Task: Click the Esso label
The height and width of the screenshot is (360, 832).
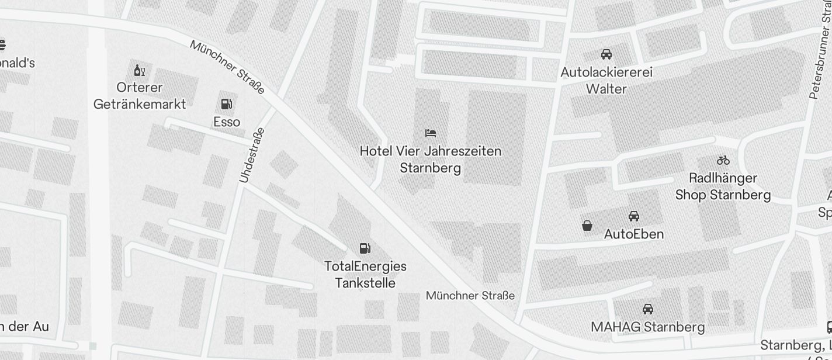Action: pos(227,122)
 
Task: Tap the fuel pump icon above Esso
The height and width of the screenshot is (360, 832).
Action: pos(226,105)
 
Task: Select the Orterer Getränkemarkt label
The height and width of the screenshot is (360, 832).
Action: pos(140,96)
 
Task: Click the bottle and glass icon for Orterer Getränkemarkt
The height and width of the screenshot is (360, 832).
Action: pos(139,71)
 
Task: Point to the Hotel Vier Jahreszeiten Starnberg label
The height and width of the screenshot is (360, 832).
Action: pos(431,160)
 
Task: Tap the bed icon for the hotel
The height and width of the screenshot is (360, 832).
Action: pos(431,133)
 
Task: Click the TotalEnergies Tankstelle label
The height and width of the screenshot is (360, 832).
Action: pos(365,275)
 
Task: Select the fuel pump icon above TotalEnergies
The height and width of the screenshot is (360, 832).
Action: pos(365,248)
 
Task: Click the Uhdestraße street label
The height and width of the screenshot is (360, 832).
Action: pos(252,155)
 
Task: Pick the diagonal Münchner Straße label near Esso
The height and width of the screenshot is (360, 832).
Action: pos(227,67)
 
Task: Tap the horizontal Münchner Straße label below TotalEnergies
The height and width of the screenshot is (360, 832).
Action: pos(470,296)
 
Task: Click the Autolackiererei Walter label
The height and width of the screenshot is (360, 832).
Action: pos(606,81)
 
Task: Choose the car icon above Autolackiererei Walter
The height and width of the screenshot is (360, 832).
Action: pos(606,54)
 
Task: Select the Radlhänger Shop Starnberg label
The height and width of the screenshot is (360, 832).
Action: pos(723,186)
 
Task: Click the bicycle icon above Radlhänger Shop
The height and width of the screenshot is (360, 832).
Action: pos(723,160)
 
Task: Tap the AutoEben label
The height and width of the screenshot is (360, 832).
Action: pos(633,234)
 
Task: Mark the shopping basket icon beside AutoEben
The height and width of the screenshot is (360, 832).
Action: pos(587,226)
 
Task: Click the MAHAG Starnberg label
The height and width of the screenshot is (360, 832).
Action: pos(647,327)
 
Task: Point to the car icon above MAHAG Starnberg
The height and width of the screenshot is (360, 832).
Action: pos(647,309)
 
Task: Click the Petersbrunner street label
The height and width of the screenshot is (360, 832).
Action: pos(820,56)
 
